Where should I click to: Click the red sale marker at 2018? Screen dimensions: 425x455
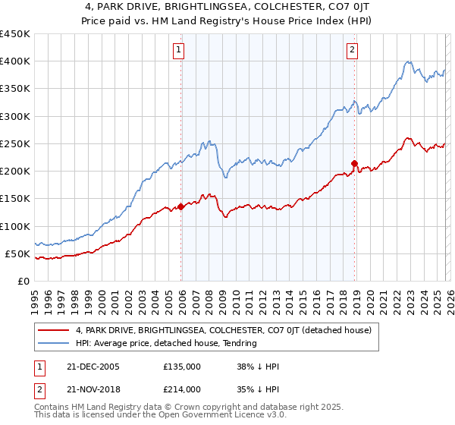[x=354, y=163]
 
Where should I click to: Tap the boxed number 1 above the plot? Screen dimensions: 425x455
[x=178, y=51]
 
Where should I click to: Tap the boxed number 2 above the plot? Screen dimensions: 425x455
[x=353, y=51]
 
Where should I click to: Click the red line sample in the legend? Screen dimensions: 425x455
[x=54, y=331]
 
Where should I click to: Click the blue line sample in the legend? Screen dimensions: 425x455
[x=54, y=344]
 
